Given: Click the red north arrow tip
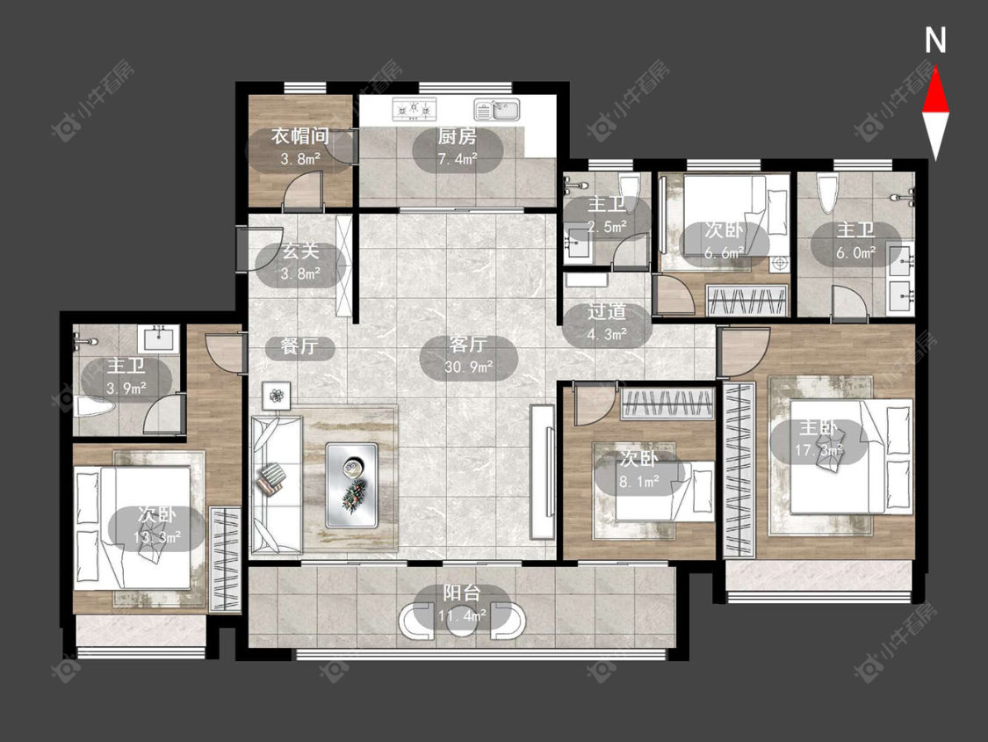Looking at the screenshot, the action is [935, 69].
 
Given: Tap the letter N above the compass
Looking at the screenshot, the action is [935, 40].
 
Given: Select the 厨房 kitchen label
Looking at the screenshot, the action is [458, 136].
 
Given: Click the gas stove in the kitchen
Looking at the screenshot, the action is [415, 108].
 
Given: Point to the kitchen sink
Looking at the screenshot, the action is [496, 110].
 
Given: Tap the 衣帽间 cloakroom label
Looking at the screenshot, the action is [300, 135].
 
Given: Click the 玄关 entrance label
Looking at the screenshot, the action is [300, 251].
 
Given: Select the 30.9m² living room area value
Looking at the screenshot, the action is [469, 367].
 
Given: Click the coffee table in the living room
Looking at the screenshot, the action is [351, 485].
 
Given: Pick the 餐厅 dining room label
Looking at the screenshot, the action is [299, 346].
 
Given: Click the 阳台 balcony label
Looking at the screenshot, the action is [462, 593].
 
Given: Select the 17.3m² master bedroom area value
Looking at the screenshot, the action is [819, 450].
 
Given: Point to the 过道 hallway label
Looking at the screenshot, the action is [607, 311].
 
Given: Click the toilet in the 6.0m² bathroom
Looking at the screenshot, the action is [827, 193].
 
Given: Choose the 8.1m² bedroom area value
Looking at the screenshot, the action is [639, 482].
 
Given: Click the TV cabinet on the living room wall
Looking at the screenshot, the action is [541, 471].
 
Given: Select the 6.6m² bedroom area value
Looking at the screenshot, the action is [724, 253].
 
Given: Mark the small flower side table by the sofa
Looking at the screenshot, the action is [277, 396].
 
